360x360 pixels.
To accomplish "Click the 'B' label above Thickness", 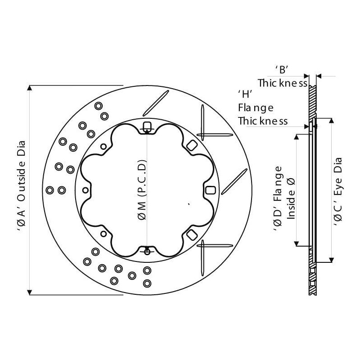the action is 282,70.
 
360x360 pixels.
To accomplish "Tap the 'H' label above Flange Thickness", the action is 245,94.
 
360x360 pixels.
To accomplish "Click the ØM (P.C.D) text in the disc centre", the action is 142,190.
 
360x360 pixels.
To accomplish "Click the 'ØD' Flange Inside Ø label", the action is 284,199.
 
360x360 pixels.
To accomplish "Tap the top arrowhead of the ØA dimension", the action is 29,88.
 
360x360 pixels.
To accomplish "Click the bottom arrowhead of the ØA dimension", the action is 29,292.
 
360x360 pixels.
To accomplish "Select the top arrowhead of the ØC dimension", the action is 331,121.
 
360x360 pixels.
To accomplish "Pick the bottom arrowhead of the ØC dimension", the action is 331,260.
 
